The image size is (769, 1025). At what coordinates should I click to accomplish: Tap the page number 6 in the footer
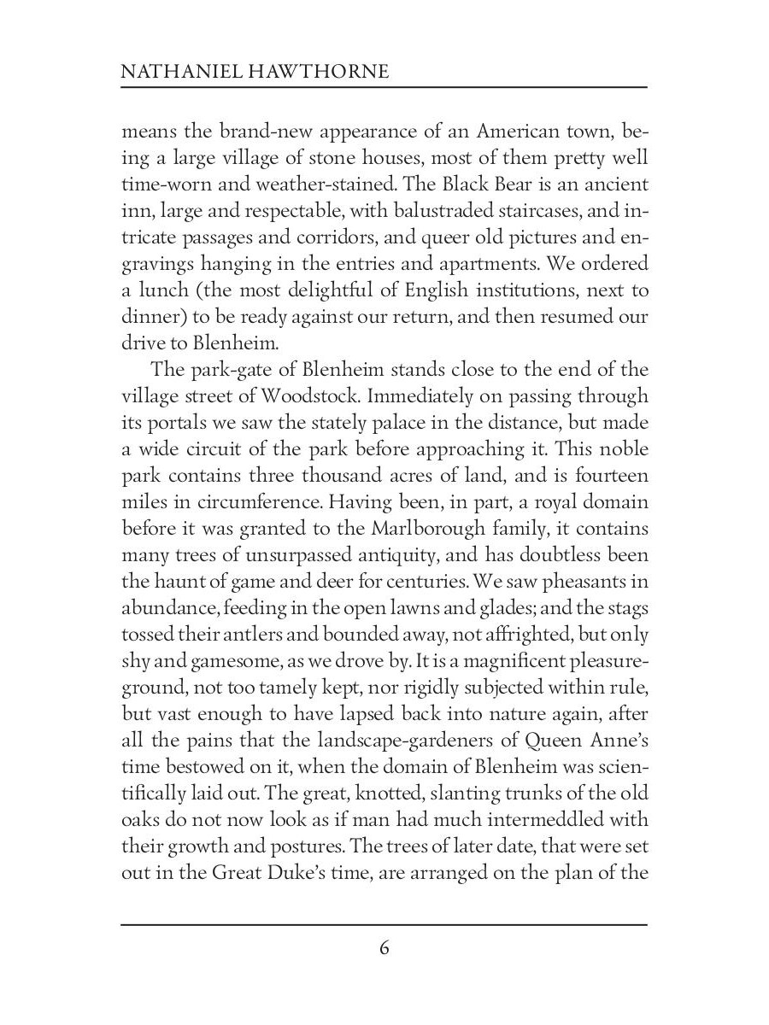(384, 948)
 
